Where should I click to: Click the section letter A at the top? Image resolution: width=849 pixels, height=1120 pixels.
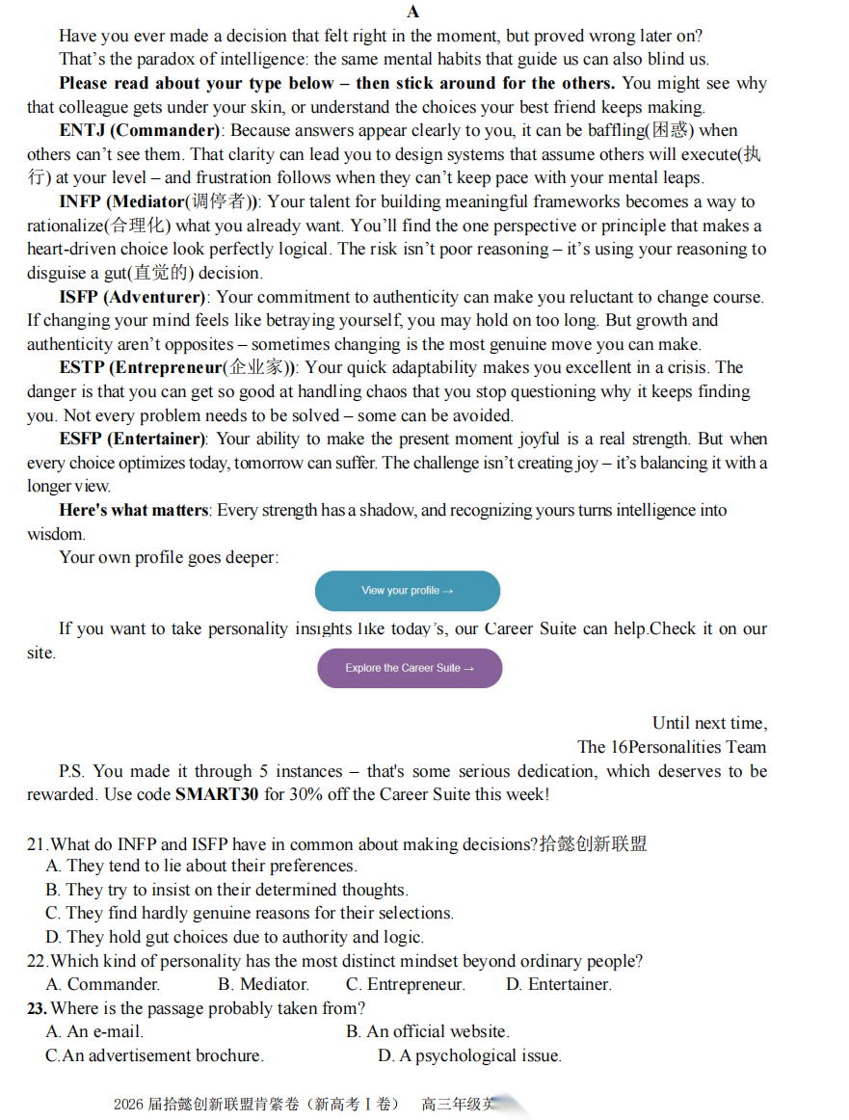coord(413,12)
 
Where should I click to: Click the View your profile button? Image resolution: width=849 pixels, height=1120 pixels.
coord(408,591)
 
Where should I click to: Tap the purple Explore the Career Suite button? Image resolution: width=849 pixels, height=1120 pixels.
coord(410,668)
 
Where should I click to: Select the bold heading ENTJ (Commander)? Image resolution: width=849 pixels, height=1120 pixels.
coord(141,130)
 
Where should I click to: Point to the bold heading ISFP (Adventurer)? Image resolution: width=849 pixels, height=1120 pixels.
coord(132,297)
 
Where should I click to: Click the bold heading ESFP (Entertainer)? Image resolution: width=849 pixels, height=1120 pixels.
coord(132,439)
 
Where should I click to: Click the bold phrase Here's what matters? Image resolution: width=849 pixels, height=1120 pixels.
coord(134,510)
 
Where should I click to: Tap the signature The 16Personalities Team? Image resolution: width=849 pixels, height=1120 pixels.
coord(672,747)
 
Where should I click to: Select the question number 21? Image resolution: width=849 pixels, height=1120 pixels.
coord(37,844)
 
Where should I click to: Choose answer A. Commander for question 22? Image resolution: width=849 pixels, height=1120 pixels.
coord(103,984)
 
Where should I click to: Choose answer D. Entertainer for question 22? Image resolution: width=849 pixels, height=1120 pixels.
coord(559,984)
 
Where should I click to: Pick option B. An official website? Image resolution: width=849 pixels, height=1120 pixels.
coord(428,1031)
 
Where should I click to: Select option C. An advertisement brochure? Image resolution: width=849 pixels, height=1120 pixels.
coord(155,1055)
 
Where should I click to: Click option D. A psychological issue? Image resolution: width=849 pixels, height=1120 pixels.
coord(469,1055)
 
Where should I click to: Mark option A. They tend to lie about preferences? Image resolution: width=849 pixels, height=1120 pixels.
coord(201,866)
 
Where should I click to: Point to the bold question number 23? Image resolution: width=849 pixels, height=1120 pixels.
coord(37,1008)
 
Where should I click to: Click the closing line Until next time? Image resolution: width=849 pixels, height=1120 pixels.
coord(709,723)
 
